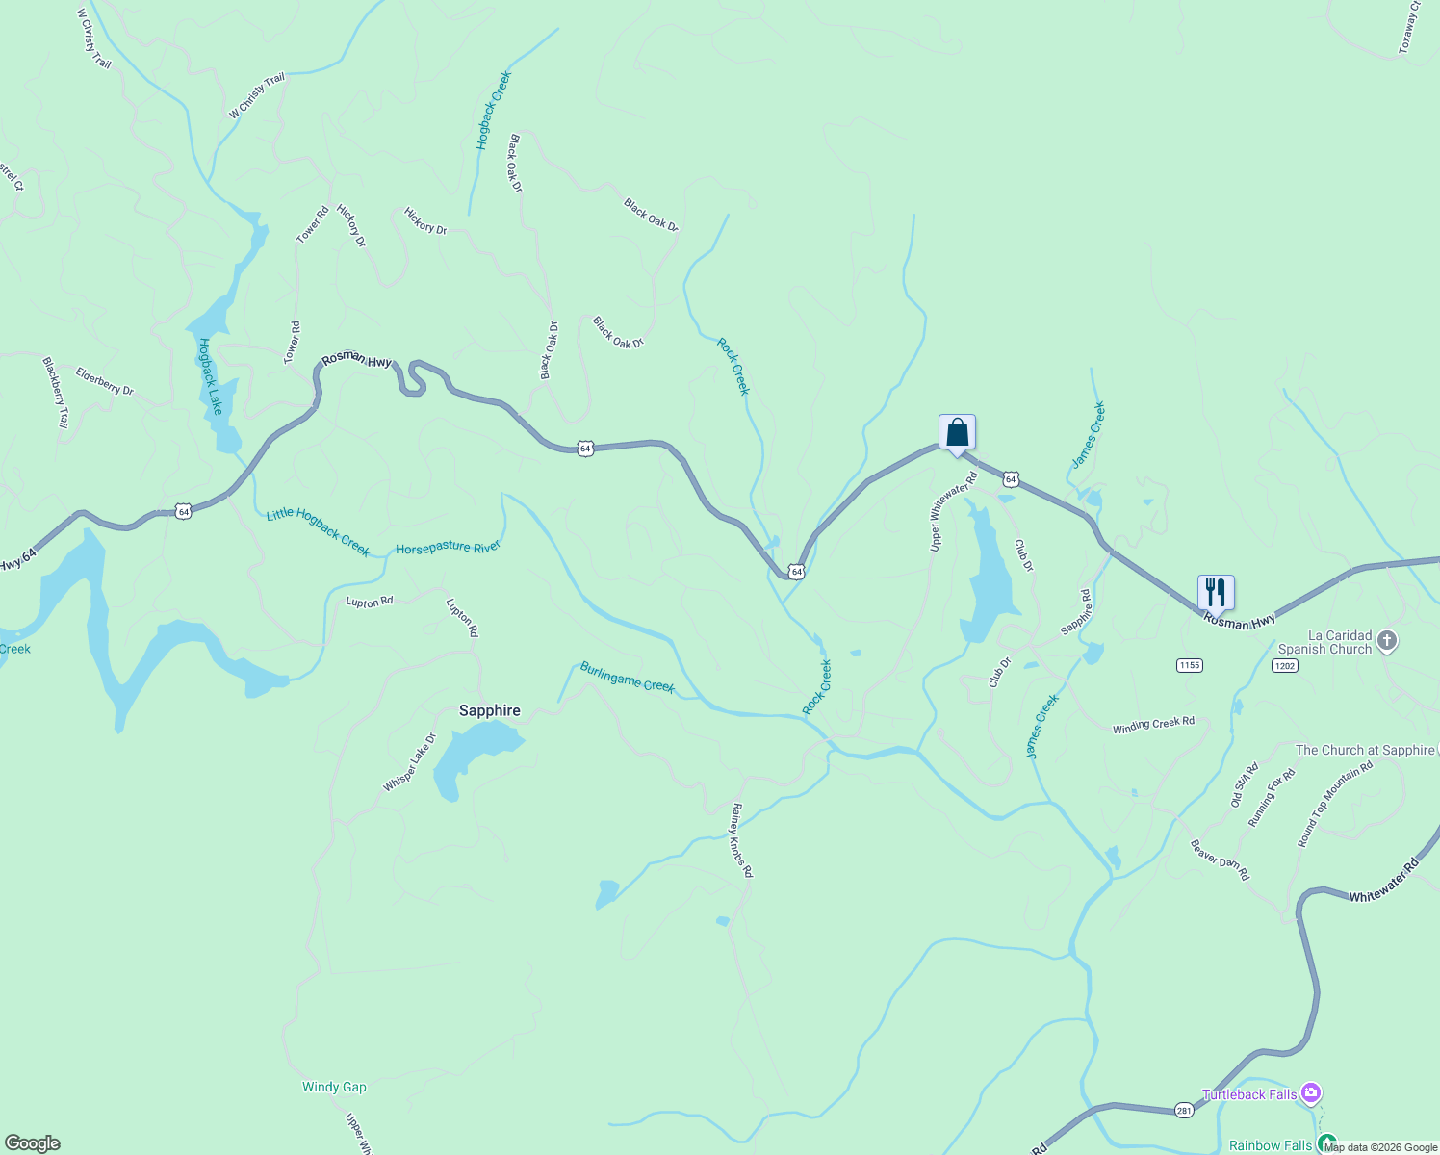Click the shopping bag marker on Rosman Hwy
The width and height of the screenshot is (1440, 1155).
tap(957, 433)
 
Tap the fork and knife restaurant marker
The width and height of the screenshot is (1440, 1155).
tap(1216, 593)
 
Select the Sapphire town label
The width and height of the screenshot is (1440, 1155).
tap(489, 710)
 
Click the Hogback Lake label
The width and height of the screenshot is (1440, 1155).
tap(210, 376)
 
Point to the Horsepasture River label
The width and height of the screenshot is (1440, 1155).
tap(448, 548)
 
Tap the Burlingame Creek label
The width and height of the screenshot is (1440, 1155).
tap(627, 678)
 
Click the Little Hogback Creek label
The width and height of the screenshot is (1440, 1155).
tap(318, 531)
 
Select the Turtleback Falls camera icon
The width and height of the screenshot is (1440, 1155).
tap(1310, 1093)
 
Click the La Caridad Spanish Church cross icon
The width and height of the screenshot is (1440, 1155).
tap(1386, 641)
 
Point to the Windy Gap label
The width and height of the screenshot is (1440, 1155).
tap(334, 1087)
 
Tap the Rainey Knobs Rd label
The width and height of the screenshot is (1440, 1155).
tap(741, 840)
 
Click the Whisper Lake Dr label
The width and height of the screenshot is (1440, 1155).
tap(409, 762)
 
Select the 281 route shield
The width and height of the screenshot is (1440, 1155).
tap(1183, 1110)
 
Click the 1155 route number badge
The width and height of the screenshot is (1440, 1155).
tap(1189, 665)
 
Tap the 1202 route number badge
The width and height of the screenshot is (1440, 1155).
tap(1284, 665)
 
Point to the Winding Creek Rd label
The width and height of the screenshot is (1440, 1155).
tap(1153, 725)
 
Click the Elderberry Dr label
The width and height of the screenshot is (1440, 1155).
tap(105, 382)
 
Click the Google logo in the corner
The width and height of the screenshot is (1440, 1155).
tap(33, 1143)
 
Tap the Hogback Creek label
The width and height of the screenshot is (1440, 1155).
tap(494, 110)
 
